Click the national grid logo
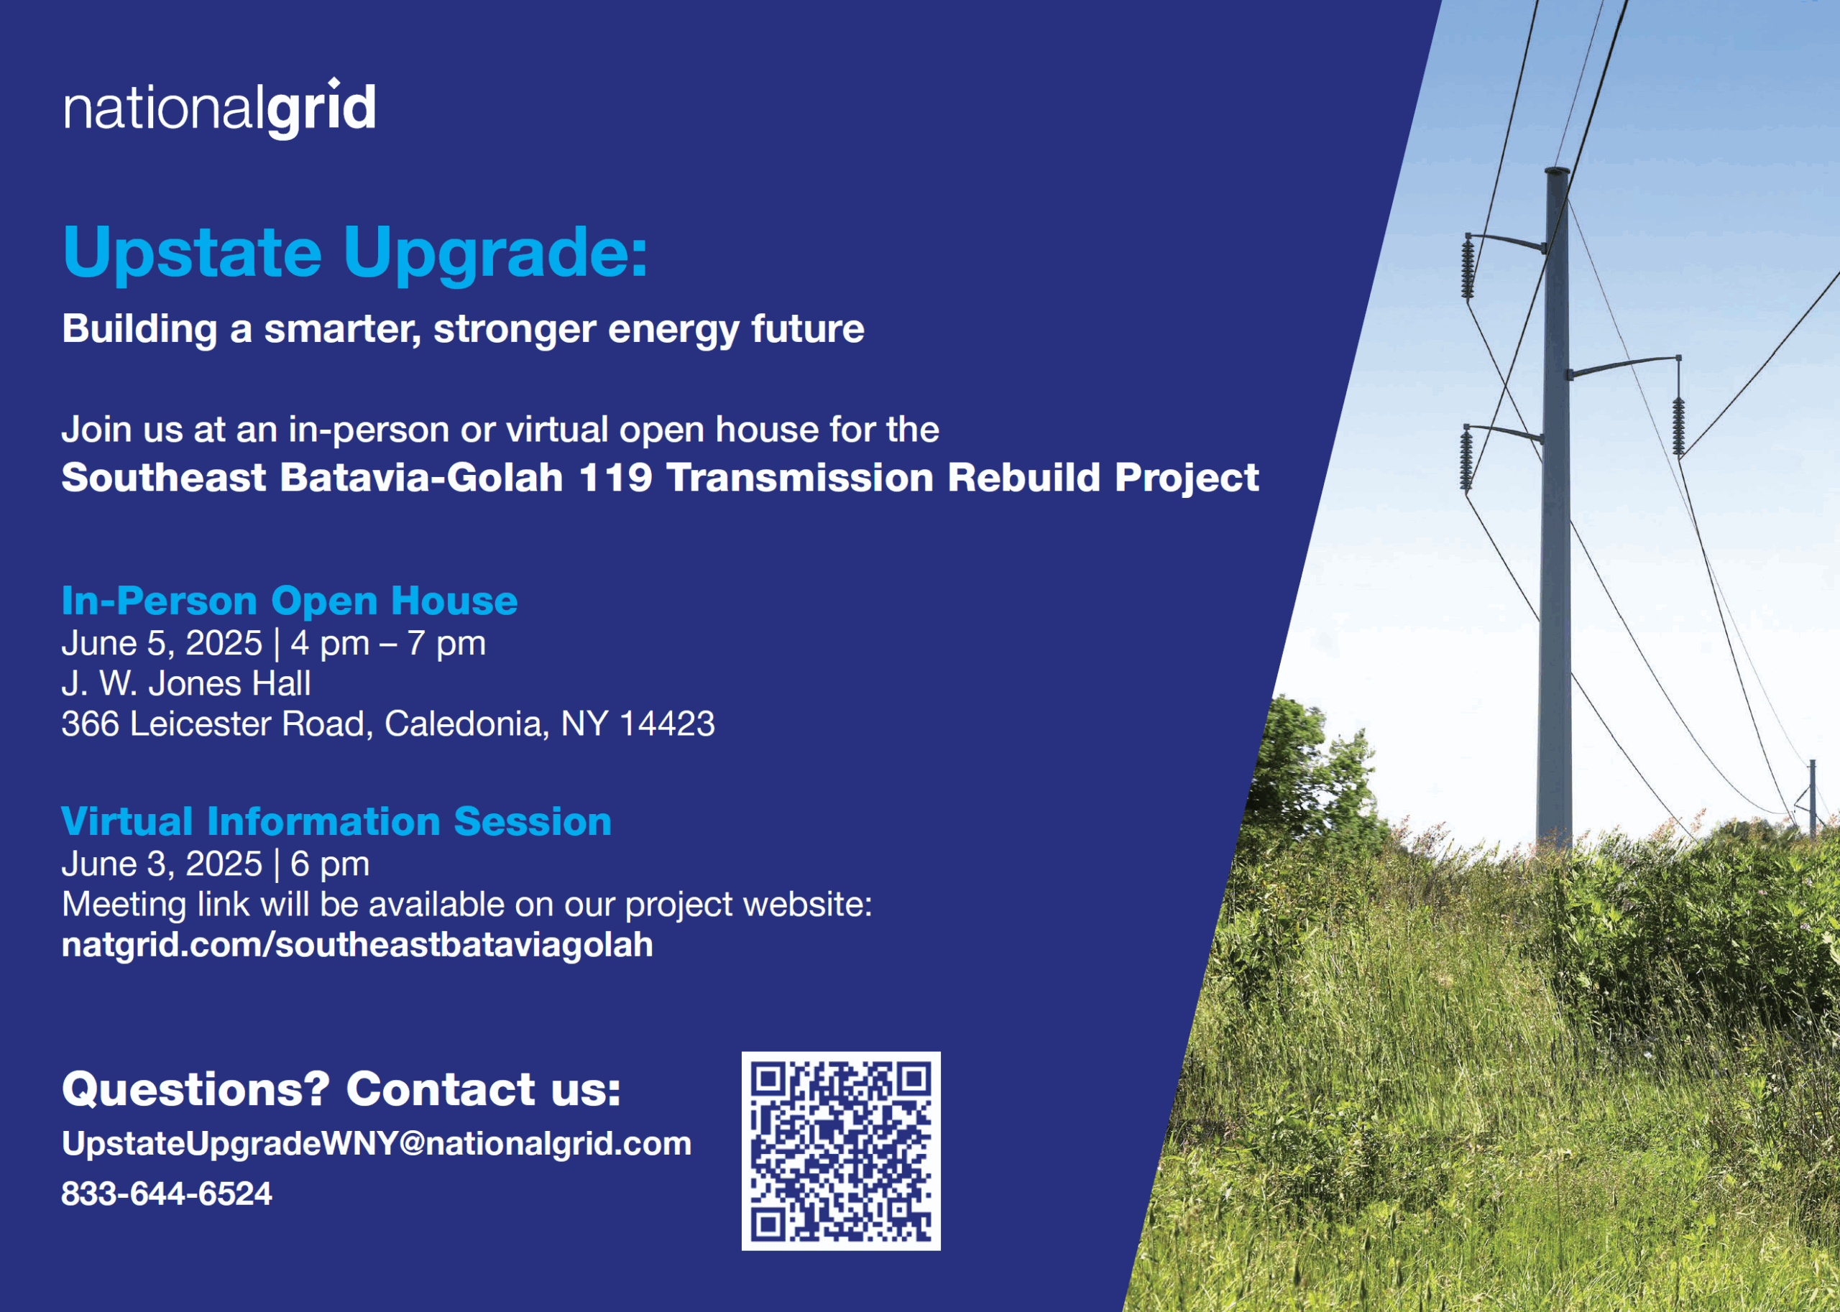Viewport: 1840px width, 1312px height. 220,108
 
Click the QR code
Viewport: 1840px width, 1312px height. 840,1150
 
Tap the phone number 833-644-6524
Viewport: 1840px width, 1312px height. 167,1193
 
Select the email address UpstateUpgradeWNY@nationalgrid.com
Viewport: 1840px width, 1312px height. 377,1143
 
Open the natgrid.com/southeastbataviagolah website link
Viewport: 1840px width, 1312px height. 357,944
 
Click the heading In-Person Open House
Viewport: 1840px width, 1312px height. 289,600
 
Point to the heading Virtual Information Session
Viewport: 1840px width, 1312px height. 336,821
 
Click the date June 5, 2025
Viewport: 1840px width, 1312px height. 162,643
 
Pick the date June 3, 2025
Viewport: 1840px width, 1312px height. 162,864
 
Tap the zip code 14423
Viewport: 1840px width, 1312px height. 667,724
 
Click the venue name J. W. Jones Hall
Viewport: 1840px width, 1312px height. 186,683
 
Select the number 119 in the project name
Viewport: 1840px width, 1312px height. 615,478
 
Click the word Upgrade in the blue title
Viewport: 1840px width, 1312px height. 495,254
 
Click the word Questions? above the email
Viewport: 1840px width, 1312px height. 195,1089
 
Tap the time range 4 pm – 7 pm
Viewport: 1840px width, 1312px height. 388,644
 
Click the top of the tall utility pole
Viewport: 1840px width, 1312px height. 1557,171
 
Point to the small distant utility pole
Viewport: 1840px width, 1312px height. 1813,798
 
